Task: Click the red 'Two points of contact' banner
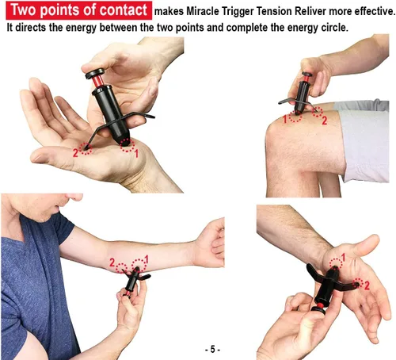pos(78,10)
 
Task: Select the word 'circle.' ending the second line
pos(334,28)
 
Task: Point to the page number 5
pos(212,350)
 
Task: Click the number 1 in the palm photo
pos(136,154)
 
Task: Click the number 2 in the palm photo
pos(75,152)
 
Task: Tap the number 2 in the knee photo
pos(325,121)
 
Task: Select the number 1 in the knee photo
pos(285,119)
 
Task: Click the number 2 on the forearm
pos(112,262)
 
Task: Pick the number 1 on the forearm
pos(147,259)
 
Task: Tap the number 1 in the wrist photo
pos(343,257)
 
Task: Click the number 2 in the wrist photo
pos(367,285)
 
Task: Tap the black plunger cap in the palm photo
pos(94,73)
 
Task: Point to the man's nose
pos(74,197)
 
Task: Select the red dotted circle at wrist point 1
pos(336,263)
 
